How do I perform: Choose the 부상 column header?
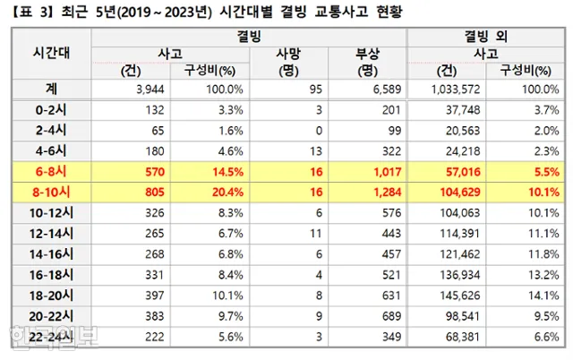coord(367,52)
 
